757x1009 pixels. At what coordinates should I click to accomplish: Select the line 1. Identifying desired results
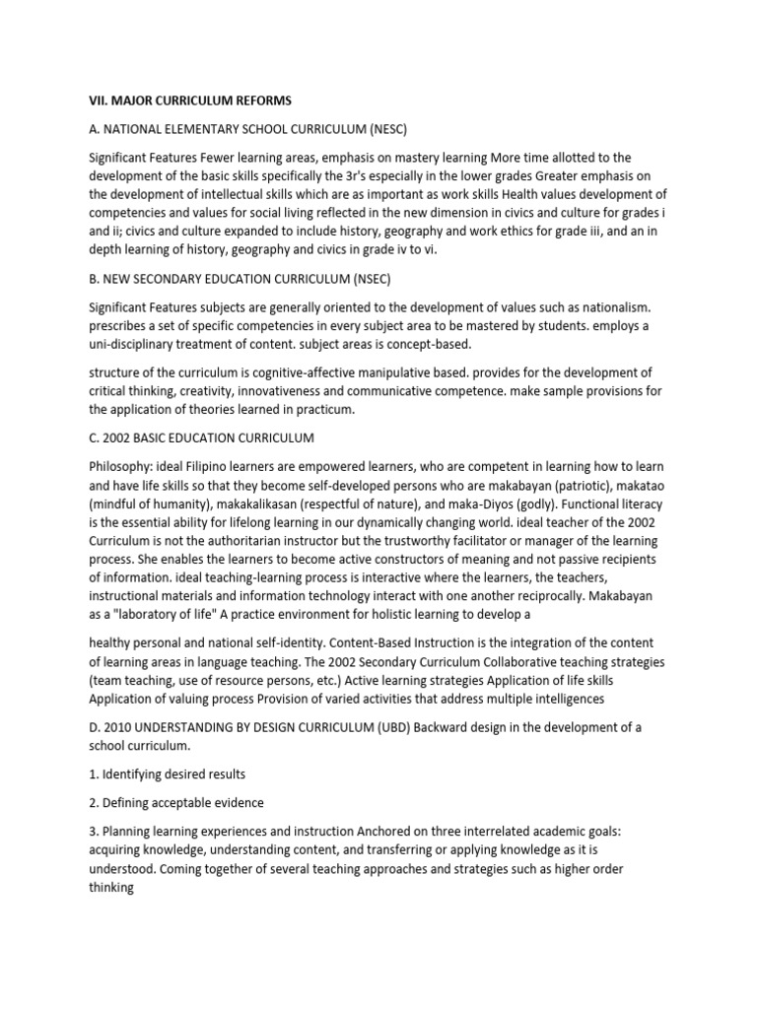(x=168, y=774)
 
